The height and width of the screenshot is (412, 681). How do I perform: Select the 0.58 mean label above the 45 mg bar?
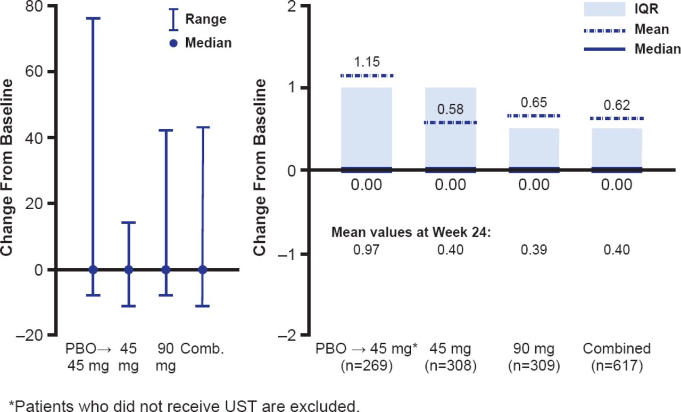tap(450, 110)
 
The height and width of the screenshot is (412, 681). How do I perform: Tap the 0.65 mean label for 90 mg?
tap(534, 103)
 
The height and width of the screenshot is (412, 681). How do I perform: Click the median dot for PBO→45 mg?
tap(94, 269)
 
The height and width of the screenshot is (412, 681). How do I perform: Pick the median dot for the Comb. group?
tap(203, 269)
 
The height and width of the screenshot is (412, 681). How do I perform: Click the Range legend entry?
tap(205, 20)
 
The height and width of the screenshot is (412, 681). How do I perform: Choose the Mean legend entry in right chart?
tap(652, 30)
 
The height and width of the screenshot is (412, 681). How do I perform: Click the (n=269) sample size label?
tap(367, 366)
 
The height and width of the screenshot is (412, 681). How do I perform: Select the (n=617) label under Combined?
tap(617, 366)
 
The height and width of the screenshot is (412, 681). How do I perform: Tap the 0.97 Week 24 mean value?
tap(367, 250)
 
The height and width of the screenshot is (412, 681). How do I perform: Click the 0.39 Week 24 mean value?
tap(534, 250)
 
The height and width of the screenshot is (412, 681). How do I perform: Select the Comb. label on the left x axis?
tap(202, 350)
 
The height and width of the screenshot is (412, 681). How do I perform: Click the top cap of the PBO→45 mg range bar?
tap(94, 18)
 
